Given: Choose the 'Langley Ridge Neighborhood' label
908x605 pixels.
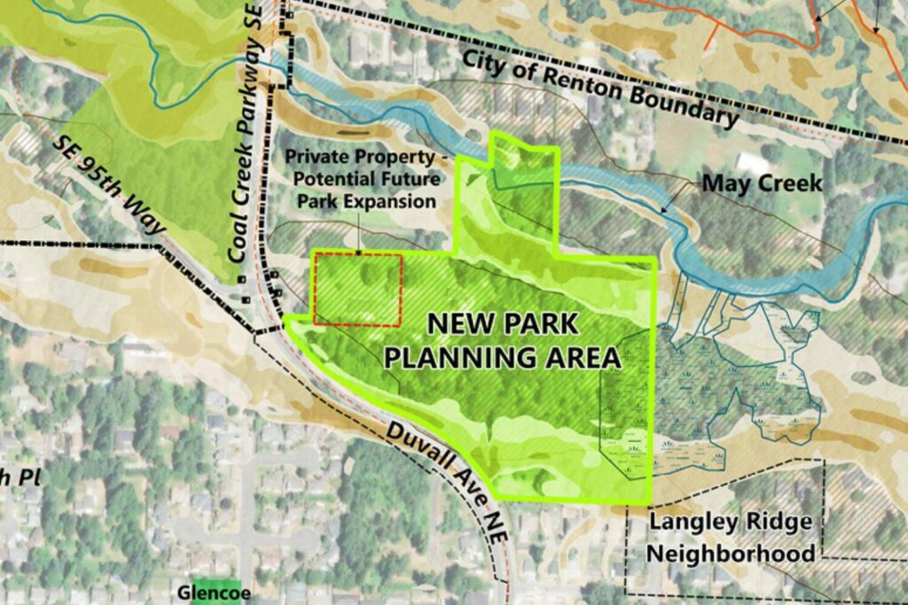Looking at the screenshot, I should click(731, 537).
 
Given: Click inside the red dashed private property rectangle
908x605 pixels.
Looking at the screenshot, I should click(357, 289).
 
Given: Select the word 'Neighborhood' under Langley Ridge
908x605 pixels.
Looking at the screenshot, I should click(731, 554).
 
